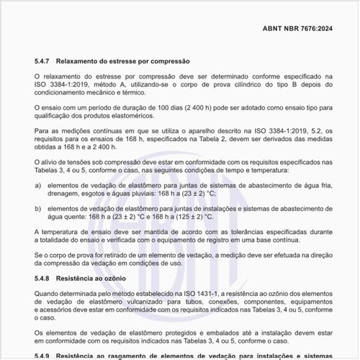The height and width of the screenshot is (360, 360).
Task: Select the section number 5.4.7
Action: pyautogui.click(x=44, y=61)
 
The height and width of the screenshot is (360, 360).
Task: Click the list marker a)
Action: pyautogui.click(x=38, y=185)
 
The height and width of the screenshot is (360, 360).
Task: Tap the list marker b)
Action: pyautogui.click(x=38, y=208)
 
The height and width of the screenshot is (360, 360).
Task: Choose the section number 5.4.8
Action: pyautogui.click(x=44, y=276)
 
